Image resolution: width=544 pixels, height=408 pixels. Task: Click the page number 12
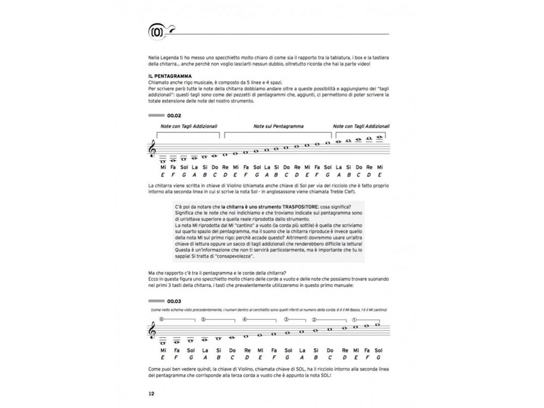[151, 394]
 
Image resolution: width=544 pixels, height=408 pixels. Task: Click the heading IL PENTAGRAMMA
[170, 76]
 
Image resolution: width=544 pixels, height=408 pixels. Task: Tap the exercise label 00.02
[174, 116]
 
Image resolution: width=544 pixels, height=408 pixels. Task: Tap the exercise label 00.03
[174, 301]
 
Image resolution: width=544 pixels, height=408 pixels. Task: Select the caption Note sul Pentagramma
[278, 126]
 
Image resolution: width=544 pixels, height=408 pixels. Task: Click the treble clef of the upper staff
[152, 149]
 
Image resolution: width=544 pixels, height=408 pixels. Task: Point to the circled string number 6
[161, 320]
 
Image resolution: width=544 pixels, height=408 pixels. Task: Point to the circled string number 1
[354, 320]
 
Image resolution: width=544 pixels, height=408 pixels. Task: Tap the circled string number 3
[286, 320]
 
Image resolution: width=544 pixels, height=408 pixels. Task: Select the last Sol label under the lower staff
[378, 350]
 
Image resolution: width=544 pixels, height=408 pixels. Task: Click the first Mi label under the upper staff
[163, 167]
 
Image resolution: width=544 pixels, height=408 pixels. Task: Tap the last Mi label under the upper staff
[380, 167]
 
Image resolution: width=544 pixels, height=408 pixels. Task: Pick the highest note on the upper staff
[380, 137]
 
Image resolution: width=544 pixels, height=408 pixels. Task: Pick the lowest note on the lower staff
[163, 343]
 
